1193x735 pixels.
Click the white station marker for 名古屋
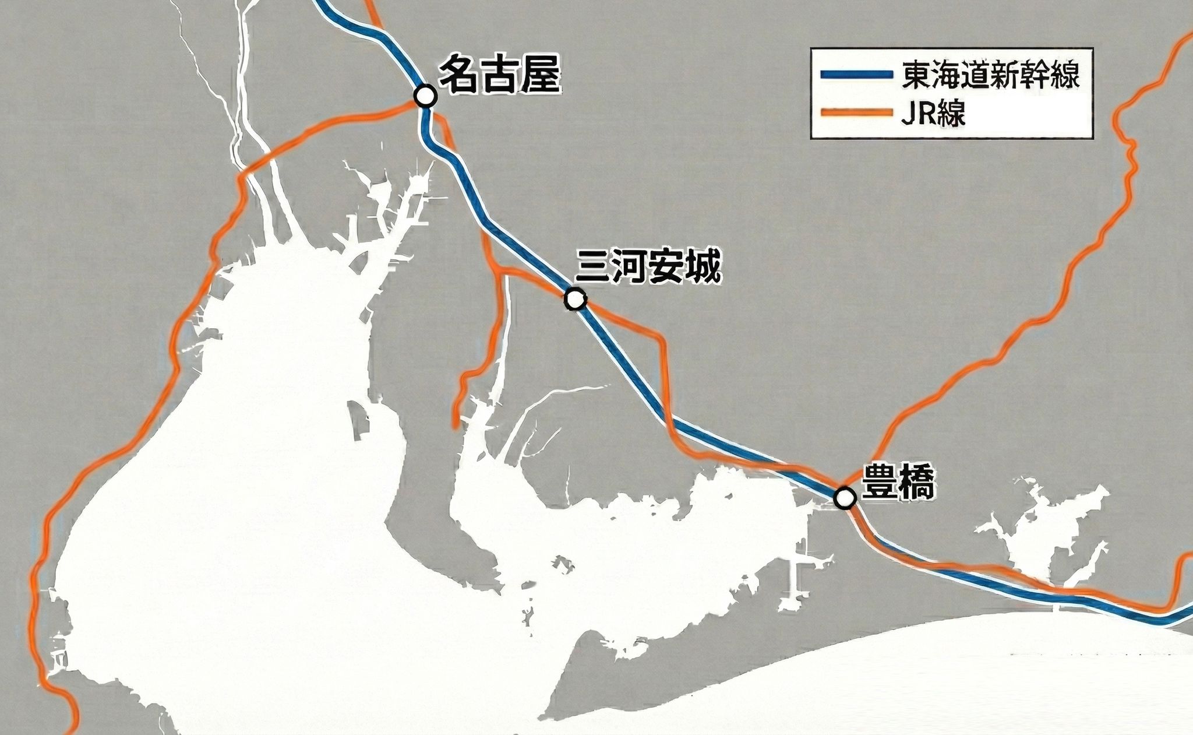point(425,96)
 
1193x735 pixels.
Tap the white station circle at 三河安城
point(575,299)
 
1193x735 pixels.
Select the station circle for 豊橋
point(844,498)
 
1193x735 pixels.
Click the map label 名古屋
point(499,76)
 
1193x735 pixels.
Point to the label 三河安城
point(648,268)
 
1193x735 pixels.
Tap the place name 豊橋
point(898,481)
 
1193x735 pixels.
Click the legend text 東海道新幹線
point(991,75)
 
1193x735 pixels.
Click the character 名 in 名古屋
point(458,76)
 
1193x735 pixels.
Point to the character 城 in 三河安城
point(703,268)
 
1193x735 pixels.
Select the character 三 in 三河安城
point(592,268)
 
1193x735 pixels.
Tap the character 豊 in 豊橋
point(879,481)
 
